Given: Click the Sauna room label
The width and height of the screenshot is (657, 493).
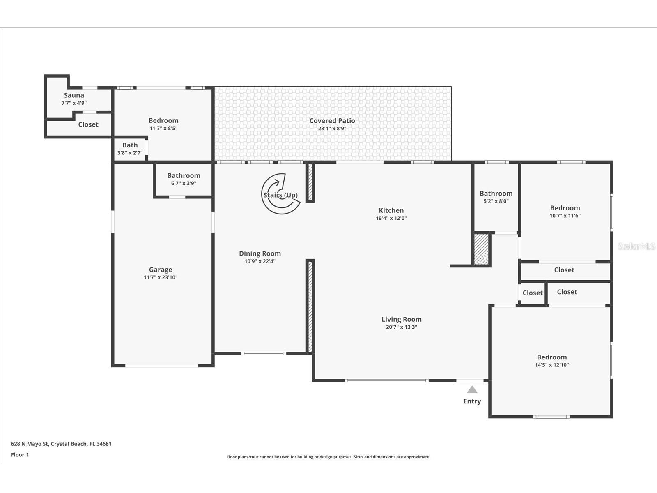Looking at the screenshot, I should point(74,95).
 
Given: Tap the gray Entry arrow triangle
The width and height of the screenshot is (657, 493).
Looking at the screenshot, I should point(472,389).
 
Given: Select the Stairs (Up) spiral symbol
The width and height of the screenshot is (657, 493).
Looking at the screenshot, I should point(280,194).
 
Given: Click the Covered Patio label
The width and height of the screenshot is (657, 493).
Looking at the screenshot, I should point(332,121).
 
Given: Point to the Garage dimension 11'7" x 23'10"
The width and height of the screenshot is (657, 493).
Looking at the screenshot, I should point(161,277).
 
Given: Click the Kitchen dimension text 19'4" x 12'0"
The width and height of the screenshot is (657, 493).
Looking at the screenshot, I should point(391,218).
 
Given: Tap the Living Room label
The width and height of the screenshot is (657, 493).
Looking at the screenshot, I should point(401,319).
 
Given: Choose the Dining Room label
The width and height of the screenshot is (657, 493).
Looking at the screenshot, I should point(260,253).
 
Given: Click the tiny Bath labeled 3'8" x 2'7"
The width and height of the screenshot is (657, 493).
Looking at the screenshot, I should point(130,149).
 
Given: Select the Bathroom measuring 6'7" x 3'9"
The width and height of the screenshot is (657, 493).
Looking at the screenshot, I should point(184,179).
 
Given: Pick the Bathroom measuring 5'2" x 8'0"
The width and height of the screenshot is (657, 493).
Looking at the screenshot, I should point(496,197).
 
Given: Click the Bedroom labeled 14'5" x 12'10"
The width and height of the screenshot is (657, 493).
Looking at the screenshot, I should point(551,361).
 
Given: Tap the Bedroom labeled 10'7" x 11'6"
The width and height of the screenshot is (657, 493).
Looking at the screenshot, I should point(565,211).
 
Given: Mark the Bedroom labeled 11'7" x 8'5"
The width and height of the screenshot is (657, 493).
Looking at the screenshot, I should point(163,124).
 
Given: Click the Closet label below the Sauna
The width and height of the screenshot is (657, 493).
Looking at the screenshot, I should point(88,124).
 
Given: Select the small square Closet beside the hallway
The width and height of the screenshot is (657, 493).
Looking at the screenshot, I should point(532,293).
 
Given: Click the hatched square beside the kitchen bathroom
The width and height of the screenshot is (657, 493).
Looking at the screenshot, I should point(481,249).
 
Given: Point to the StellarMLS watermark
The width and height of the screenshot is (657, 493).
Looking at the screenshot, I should point(636,246).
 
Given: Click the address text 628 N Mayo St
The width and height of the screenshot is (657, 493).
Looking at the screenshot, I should point(61,444).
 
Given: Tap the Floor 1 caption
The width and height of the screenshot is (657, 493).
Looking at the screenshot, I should point(20,455).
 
